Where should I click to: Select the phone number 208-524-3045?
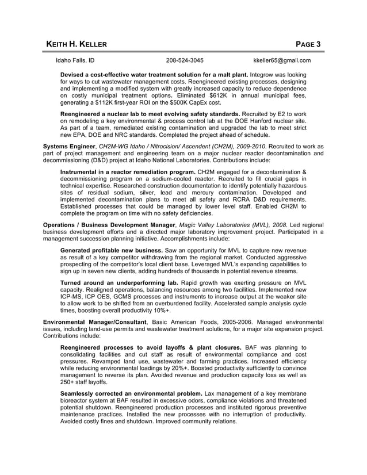[184, 60]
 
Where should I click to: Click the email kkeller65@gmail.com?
[282, 60]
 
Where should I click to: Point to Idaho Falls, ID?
[75, 60]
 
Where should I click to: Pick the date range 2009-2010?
[251, 147]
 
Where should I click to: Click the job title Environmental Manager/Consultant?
[95, 322]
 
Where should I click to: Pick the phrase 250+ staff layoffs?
[84, 382]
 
